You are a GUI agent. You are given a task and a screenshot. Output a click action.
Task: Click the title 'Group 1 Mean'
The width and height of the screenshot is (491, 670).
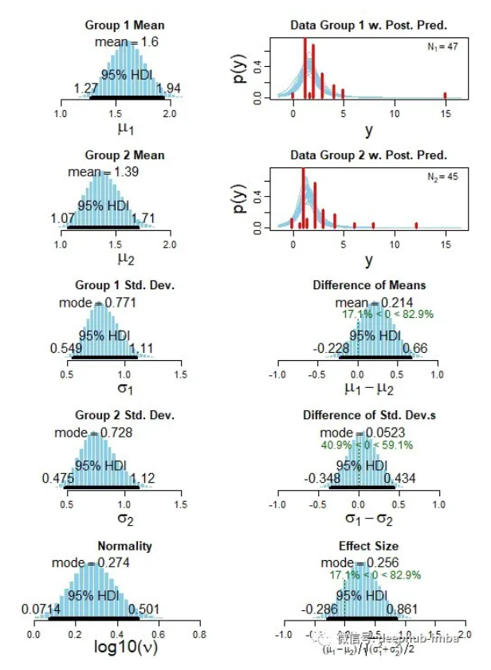click(x=124, y=25)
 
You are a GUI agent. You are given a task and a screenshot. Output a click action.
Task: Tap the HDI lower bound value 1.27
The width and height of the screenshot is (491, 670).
click(x=87, y=88)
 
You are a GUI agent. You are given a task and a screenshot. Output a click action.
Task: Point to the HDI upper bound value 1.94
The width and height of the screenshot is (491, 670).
click(x=170, y=88)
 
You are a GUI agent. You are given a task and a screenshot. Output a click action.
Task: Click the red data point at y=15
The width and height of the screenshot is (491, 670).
click(x=445, y=96)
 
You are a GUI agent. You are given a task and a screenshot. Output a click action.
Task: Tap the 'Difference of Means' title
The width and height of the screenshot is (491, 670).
click(x=369, y=285)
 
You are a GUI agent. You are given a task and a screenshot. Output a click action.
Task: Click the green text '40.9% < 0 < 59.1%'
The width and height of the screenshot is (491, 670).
click(x=367, y=445)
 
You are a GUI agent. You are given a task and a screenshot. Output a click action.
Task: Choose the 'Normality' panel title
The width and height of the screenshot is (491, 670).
click(x=124, y=547)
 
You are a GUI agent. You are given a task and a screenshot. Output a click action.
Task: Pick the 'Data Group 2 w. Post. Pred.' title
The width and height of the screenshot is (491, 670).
click(x=368, y=155)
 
